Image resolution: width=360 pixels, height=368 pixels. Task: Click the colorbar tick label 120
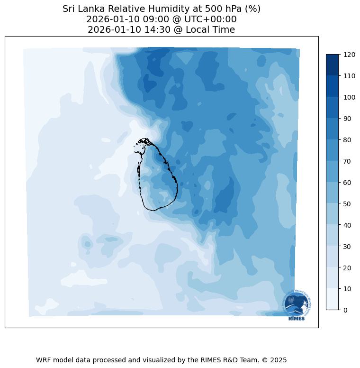(350, 55)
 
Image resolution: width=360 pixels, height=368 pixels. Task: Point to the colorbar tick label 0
(346, 310)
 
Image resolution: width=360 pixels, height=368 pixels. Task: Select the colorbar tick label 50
(348, 203)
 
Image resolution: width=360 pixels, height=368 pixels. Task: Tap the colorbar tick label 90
(348, 119)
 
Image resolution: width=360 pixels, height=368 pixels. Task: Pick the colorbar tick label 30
(348, 246)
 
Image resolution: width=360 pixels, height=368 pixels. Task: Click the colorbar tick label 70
(348, 161)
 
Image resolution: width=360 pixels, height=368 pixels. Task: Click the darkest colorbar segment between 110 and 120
(333, 64)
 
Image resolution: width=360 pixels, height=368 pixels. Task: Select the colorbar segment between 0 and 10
(333, 299)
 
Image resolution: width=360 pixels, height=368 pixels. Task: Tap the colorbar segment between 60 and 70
(333, 171)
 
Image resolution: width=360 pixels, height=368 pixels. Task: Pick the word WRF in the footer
(44, 360)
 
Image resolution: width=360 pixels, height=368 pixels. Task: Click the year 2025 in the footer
(279, 360)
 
